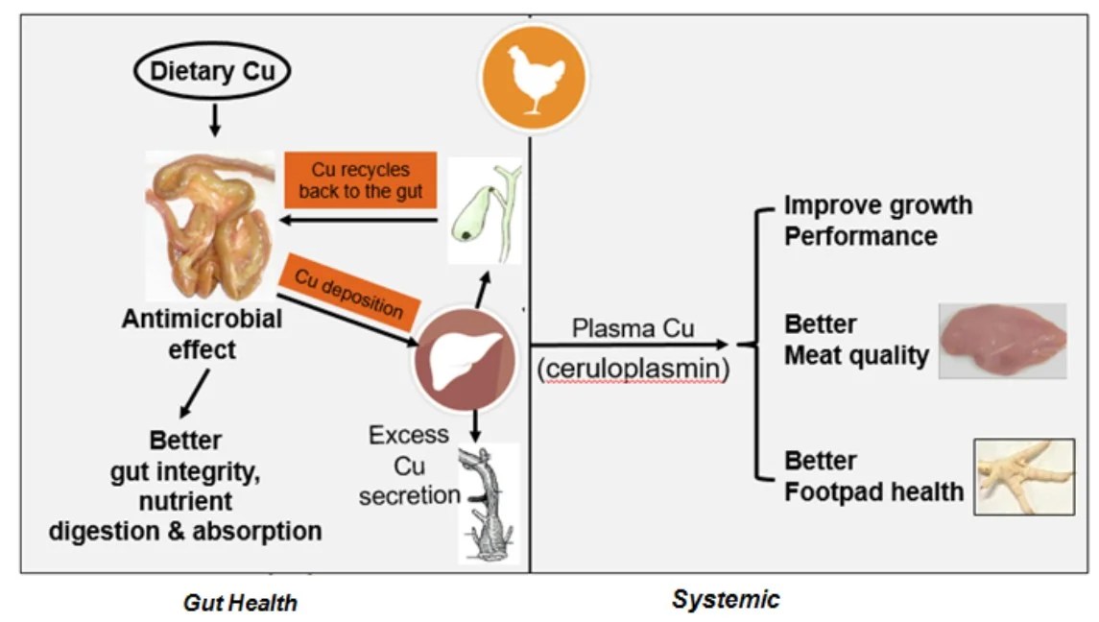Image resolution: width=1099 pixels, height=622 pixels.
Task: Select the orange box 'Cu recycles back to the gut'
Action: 360,179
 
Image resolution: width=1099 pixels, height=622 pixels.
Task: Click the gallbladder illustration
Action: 485,211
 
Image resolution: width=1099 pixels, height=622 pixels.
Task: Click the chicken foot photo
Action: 1024,477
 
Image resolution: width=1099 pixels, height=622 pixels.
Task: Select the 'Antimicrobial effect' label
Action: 202,333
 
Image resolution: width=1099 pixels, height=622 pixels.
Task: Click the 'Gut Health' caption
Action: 240,603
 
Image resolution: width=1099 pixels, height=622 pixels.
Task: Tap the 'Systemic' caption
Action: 726,600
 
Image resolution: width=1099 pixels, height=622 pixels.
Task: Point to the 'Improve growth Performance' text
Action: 877,220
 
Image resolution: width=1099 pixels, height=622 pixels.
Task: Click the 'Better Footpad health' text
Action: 872,476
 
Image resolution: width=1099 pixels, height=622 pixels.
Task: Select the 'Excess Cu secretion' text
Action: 410,465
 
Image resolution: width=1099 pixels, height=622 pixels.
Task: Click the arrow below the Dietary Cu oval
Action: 214,120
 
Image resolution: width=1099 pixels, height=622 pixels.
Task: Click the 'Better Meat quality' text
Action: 855,340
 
